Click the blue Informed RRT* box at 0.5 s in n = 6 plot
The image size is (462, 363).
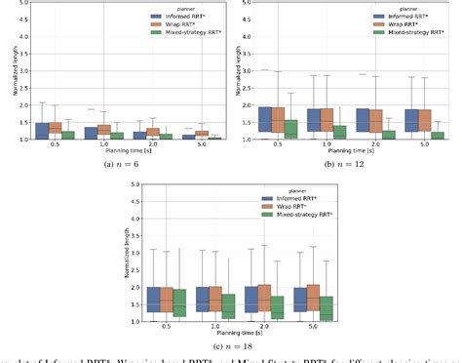tap(41, 131)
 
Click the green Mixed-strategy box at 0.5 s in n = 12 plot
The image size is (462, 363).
tap(289, 129)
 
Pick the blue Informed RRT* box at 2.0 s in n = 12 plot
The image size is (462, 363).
tap(365, 120)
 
